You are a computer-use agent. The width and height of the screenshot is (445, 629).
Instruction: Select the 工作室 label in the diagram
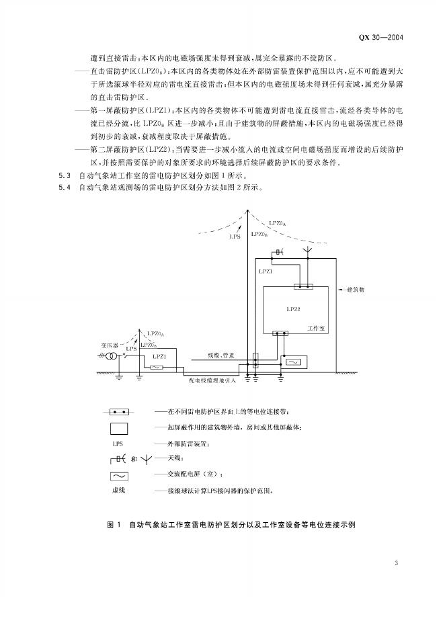click(x=316, y=328)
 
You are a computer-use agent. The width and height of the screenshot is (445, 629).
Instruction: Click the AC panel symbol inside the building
click(x=294, y=362)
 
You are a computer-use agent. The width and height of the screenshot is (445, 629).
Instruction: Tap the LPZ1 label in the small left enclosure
click(x=159, y=355)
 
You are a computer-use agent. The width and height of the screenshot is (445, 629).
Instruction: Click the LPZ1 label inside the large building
click(x=265, y=271)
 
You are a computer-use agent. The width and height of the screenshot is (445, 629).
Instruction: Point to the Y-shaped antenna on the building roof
click(x=308, y=251)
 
